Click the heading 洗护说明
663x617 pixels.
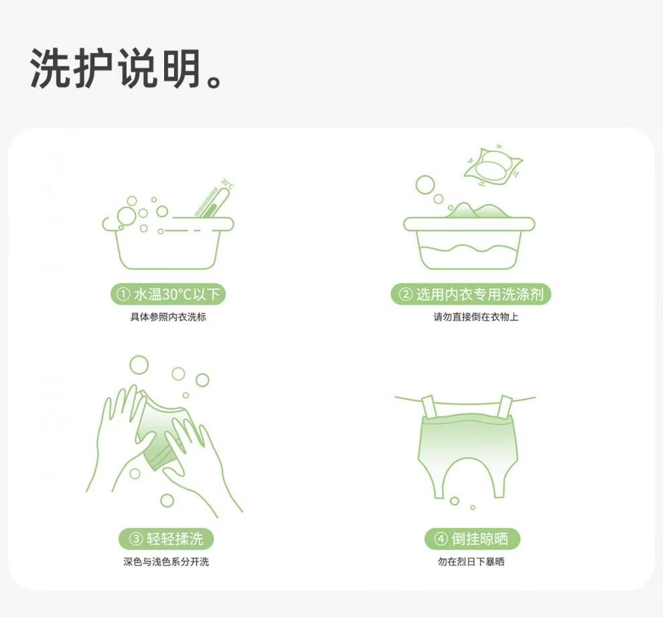[115, 68]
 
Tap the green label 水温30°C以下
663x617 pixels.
[168, 294]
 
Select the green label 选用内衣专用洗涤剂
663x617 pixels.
[471, 294]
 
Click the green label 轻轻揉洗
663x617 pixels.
[166, 539]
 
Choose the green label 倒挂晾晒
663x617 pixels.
[472, 539]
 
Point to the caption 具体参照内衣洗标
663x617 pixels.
[168, 317]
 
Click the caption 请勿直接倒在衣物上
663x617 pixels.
[475, 317]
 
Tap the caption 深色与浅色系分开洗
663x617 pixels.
[166, 561]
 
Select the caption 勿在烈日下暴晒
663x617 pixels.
[471, 561]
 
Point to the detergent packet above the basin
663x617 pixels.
[493, 166]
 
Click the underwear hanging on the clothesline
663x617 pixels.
[467, 444]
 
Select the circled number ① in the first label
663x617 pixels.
[123, 294]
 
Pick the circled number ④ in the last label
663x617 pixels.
[441, 539]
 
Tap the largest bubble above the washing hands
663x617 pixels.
[139, 365]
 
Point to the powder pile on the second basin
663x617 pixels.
[477, 210]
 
